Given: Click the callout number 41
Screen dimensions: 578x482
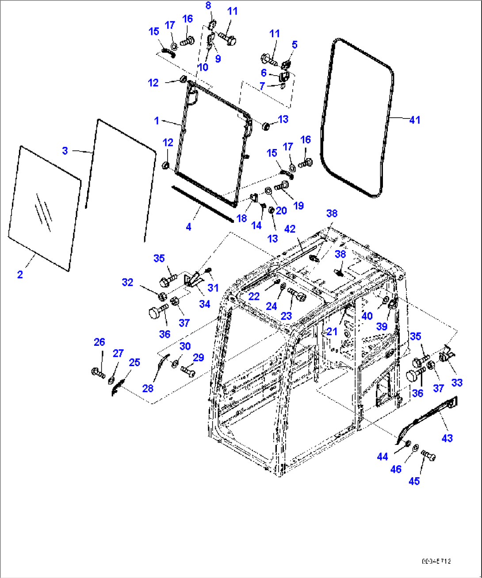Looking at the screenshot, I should (414, 120).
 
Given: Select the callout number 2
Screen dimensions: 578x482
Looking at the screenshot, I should (20, 275).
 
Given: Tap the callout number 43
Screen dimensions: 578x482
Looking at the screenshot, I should (447, 438).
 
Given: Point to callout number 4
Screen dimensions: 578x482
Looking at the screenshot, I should (189, 227).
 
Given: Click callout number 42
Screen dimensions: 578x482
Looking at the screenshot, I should (290, 229).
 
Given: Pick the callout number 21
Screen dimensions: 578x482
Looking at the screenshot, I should (332, 331).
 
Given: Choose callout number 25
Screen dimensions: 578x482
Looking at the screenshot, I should (134, 363).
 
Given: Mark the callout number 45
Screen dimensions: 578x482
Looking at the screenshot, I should (414, 481).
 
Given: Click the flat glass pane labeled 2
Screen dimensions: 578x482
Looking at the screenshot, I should (44, 208).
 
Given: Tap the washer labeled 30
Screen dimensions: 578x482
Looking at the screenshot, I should (175, 363).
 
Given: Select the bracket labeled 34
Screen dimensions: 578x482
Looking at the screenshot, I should (193, 281).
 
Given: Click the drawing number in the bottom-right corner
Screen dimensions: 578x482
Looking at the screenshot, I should (436, 561).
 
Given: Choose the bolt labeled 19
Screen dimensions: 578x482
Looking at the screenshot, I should (281, 188).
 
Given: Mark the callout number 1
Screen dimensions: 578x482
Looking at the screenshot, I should (157, 121).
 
